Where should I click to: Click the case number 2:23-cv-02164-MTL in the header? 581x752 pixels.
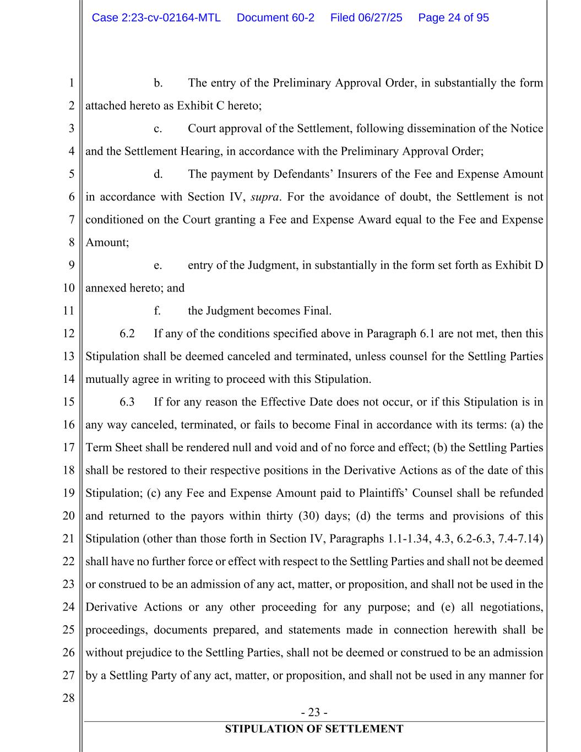pos(156,18)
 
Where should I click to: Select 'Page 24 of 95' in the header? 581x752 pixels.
pos(453,18)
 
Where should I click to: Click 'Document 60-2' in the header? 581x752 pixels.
pos(275,18)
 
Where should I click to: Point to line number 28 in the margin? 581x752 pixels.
pos(68,698)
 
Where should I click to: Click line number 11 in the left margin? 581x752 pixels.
pos(68,311)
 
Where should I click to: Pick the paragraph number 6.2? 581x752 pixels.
pos(127,333)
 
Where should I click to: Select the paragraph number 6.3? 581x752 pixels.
pos(127,402)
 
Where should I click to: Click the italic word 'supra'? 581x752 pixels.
pos(264,197)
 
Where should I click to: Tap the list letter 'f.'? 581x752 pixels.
pos(158,311)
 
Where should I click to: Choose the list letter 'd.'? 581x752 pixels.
pos(158,174)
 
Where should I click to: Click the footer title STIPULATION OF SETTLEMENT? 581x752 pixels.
pos(314,729)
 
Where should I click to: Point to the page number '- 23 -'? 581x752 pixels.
pos(314,712)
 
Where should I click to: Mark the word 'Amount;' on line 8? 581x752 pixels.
pos(107,242)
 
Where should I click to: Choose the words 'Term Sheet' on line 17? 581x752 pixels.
pos(114,447)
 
